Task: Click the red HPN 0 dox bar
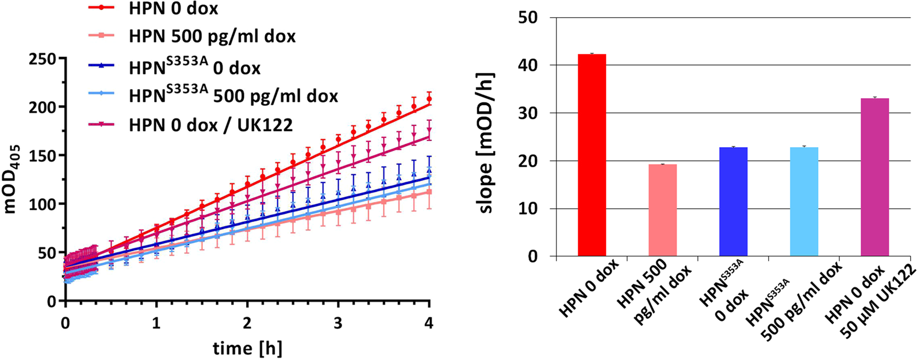[x=592, y=155]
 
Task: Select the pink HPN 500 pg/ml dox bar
[x=662, y=210]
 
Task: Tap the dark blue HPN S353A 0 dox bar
[x=733, y=202]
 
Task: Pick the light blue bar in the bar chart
[x=804, y=202]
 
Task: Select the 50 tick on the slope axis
[x=528, y=17]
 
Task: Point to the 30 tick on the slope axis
[x=528, y=113]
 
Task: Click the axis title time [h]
[x=247, y=347]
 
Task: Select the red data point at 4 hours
[x=429, y=99]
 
